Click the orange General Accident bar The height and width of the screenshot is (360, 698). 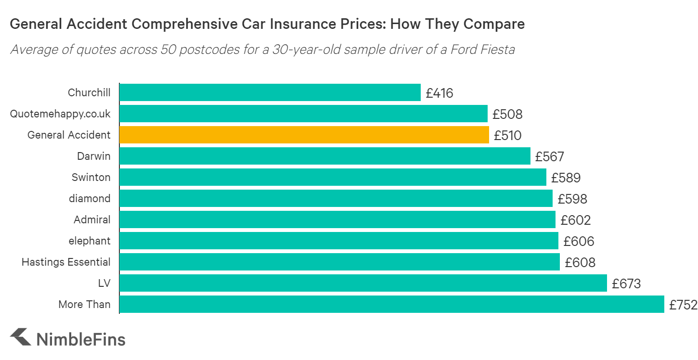click(x=304, y=135)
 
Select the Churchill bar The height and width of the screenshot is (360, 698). click(x=270, y=92)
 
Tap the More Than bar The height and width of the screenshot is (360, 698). click(x=391, y=305)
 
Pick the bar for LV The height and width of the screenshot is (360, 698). click(x=363, y=283)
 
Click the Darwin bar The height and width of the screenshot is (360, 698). click(x=324, y=156)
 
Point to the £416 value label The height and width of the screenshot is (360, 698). click(x=439, y=93)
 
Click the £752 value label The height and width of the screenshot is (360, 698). click(x=683, y=305)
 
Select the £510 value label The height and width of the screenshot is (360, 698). click(x=507, y=136)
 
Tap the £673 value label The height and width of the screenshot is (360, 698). click(x=626, y=284)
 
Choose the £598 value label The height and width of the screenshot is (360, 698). click(x=572, y=199)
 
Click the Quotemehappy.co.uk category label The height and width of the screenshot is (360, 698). click(x=60, y=114)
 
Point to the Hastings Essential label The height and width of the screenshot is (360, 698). click(x=66, y=262)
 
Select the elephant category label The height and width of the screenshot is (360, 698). click(x=90, y=241)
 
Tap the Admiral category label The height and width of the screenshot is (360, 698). click(x=92, y=220)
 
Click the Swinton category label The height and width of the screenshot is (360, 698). click(x=91, y=178)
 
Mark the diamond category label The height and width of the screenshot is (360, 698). click(x=90, y=199)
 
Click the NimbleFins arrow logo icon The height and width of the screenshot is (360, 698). click(x=20, y=337)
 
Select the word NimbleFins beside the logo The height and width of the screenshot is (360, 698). click(x=81, y=339)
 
